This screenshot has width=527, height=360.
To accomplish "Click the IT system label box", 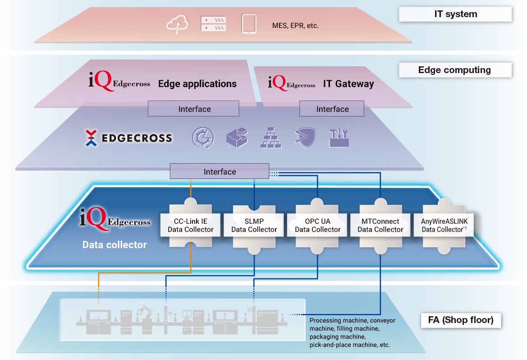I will tap(455, 14).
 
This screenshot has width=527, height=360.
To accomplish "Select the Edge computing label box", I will tap(455, 70).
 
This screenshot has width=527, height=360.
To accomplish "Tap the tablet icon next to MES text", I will tap(248, 23).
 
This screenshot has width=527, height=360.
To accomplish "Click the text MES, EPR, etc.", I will tap(295, 26).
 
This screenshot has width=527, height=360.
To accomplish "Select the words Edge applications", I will tap(197, 83).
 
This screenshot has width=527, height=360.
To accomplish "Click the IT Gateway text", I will tap(348, 83).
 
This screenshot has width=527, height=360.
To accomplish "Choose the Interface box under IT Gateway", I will tap(332, 109).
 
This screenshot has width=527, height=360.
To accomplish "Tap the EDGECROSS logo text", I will tap(137, 138).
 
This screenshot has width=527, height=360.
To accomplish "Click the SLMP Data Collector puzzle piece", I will tap(254, 225).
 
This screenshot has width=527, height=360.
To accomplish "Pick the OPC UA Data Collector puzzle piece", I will tap(317, 225).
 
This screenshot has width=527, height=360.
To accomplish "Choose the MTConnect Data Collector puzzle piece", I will tap(380, 225).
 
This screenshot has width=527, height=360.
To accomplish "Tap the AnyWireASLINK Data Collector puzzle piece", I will tap(444, 225).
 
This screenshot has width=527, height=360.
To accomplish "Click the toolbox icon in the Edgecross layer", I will tap(339, 138).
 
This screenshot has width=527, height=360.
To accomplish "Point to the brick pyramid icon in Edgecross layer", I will tap(271, 138).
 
